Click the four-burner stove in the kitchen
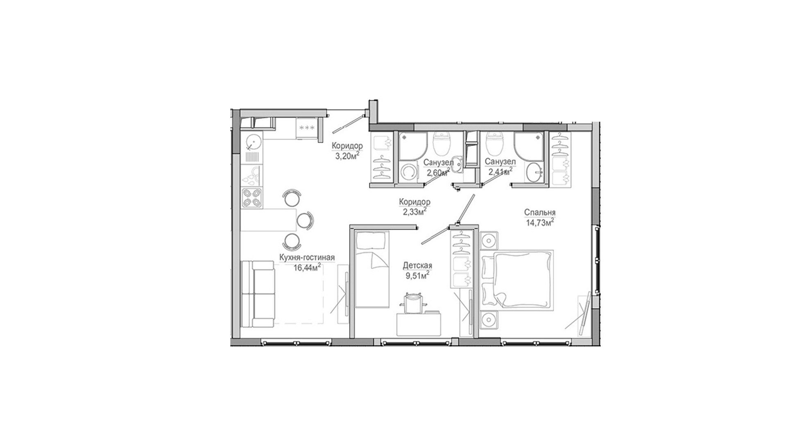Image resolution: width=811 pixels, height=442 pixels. point(252,198)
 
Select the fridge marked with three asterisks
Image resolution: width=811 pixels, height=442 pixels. point(307,128)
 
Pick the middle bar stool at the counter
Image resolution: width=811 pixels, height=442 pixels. point(304,221)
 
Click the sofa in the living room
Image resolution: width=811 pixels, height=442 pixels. point(257,294)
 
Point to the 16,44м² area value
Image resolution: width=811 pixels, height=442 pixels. point(307,268)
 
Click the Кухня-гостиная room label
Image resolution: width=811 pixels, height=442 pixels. point(307,257)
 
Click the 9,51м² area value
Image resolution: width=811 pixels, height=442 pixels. point(417,275)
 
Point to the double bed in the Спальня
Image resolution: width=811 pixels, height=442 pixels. point(517,278)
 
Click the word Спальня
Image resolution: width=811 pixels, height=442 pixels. point(539,212)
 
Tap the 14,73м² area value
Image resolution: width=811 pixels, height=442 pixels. point(540,222)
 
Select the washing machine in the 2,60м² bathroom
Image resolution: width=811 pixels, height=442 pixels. point(408,172)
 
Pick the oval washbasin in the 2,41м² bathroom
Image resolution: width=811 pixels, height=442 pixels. point(534,172)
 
